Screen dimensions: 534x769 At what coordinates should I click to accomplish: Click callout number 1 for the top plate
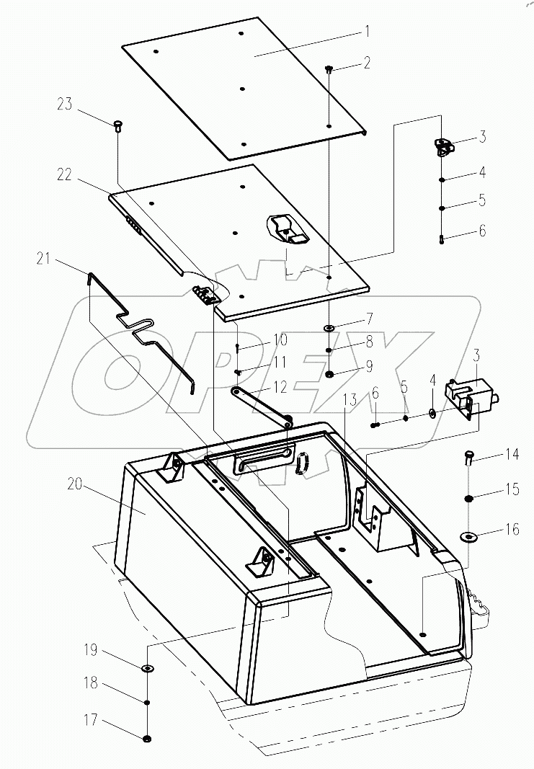[367, 32]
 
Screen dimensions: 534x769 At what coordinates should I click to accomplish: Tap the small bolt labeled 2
[329, 70]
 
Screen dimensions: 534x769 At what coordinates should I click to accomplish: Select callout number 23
[64, 105]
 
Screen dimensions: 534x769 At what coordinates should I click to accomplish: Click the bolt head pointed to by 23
[117, 126]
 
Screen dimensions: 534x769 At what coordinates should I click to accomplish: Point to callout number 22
[64, 174]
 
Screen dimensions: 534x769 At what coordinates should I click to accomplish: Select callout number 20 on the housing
[75, 484]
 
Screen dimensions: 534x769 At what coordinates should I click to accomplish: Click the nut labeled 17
[146, 739]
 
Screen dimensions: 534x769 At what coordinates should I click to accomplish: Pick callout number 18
[91, 683]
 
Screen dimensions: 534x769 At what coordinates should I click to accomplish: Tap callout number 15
[512, 489]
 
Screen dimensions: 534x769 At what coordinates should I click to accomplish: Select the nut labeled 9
[329, 375]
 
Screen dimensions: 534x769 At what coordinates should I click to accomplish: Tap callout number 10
[280, 339]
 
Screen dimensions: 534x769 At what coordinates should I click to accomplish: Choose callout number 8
[369, 342]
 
